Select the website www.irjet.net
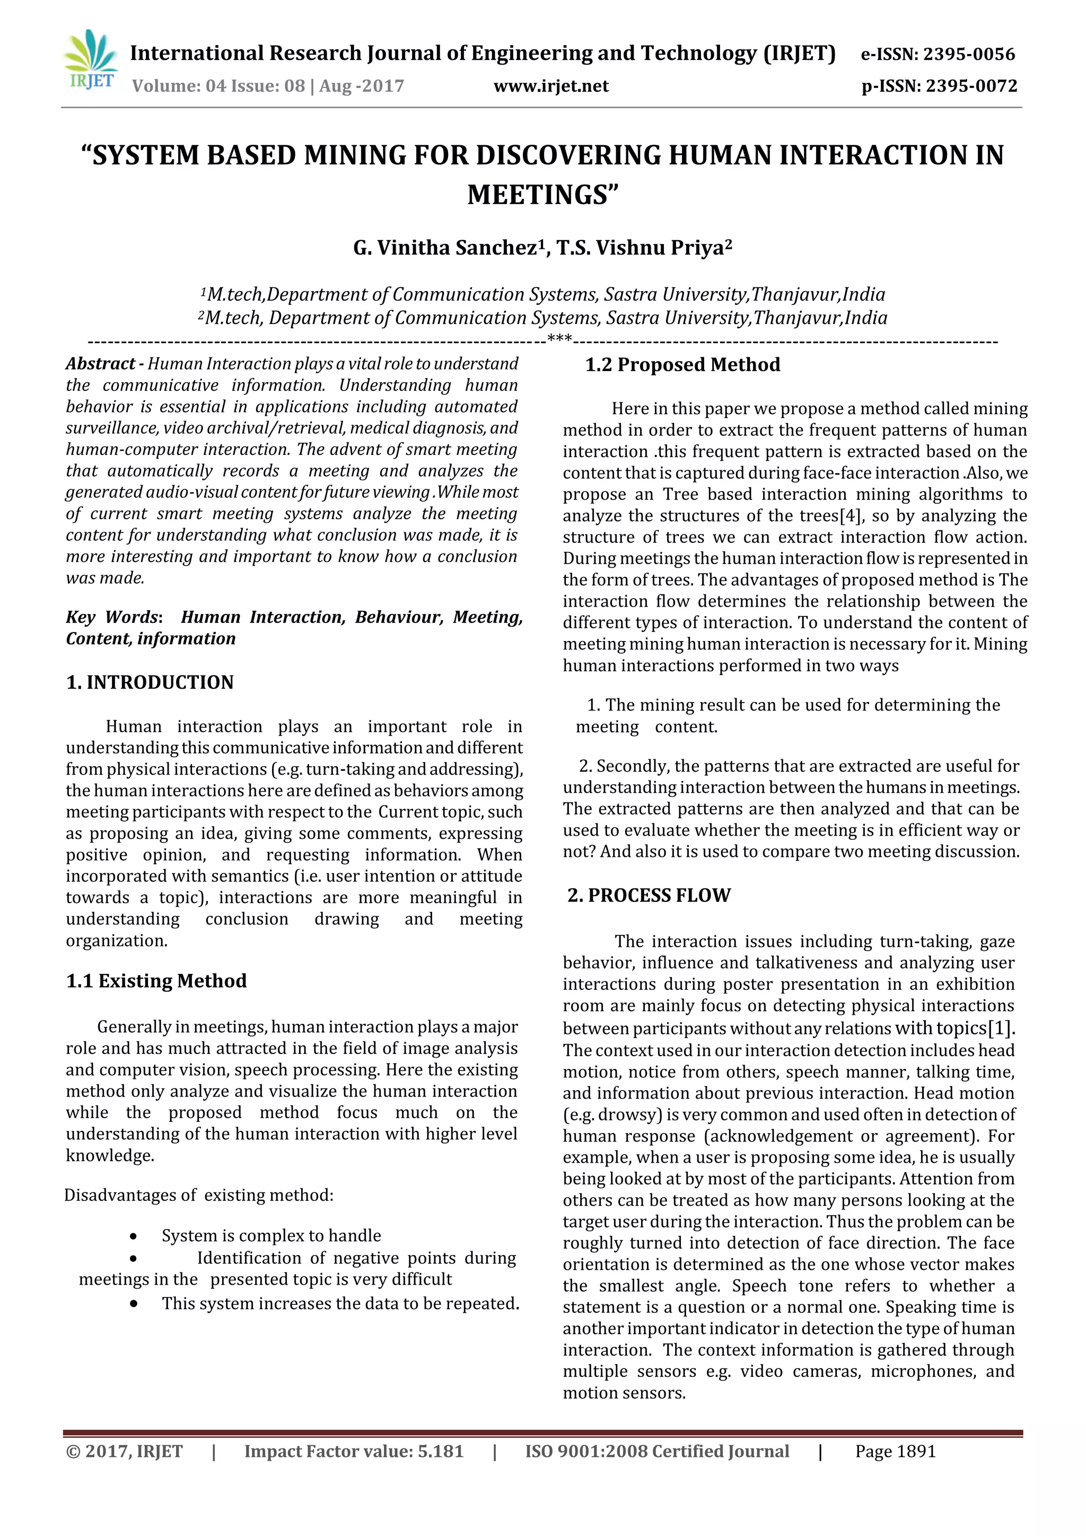[x=551, y=86]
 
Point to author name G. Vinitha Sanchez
[x=445, y=248]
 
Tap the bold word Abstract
[x=100, y=364]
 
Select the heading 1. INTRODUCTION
[x=150, y=682]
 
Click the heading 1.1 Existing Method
[x=156, y=981]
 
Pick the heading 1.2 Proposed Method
[x=682, y=365]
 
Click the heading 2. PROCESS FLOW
[x=649, y=895]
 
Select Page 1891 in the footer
[x=895, y=1451]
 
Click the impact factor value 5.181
[x=440, y=1451]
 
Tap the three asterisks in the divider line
[x=559, y=339]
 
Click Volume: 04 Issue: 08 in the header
[x=218, y=86]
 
